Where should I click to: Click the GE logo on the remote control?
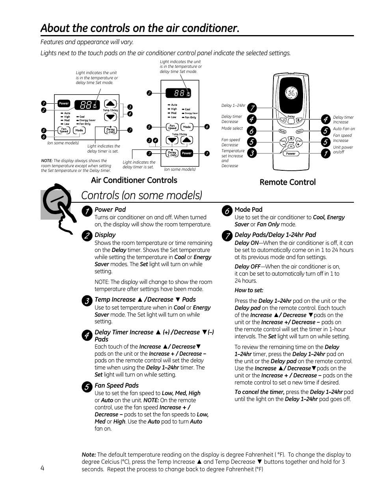(x=291, y=93)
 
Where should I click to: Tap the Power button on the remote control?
(x=291, y=154)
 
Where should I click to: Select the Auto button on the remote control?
(x=300, y=131)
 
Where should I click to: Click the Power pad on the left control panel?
(x=64, y=103)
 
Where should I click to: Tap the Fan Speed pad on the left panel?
(x=64, y=130)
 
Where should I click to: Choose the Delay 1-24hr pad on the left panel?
(x=110, y=130)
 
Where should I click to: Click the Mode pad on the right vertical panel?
(x=187, y=127)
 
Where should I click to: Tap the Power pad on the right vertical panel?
(x=187, y=153)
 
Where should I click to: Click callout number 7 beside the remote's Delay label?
(x=252, y=108)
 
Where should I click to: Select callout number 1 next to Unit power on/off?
(x=326, y=154)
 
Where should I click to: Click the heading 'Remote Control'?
(x=287, y=182)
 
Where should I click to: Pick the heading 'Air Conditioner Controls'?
(x=134, y=180)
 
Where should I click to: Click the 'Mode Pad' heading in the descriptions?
(x=248, y=210)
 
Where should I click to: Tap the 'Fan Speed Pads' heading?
(x=117, y=386)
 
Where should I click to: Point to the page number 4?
(x=42, y=468)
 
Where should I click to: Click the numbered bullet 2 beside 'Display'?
(x=87, y=236)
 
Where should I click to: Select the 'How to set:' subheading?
(x=249, y=290)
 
